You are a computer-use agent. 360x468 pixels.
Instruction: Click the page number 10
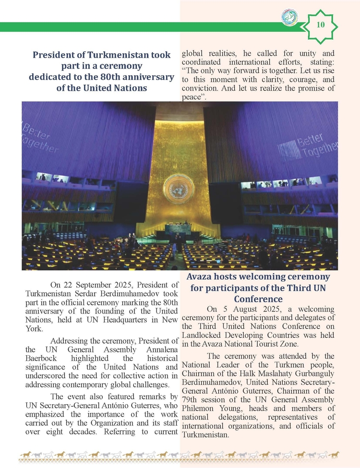pos(321,24)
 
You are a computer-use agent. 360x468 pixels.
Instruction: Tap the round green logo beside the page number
pos(289,18)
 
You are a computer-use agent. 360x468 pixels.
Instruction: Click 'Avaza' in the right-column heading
pos(200,277)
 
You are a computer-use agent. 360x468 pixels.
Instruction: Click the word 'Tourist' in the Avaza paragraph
pos(276,345)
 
